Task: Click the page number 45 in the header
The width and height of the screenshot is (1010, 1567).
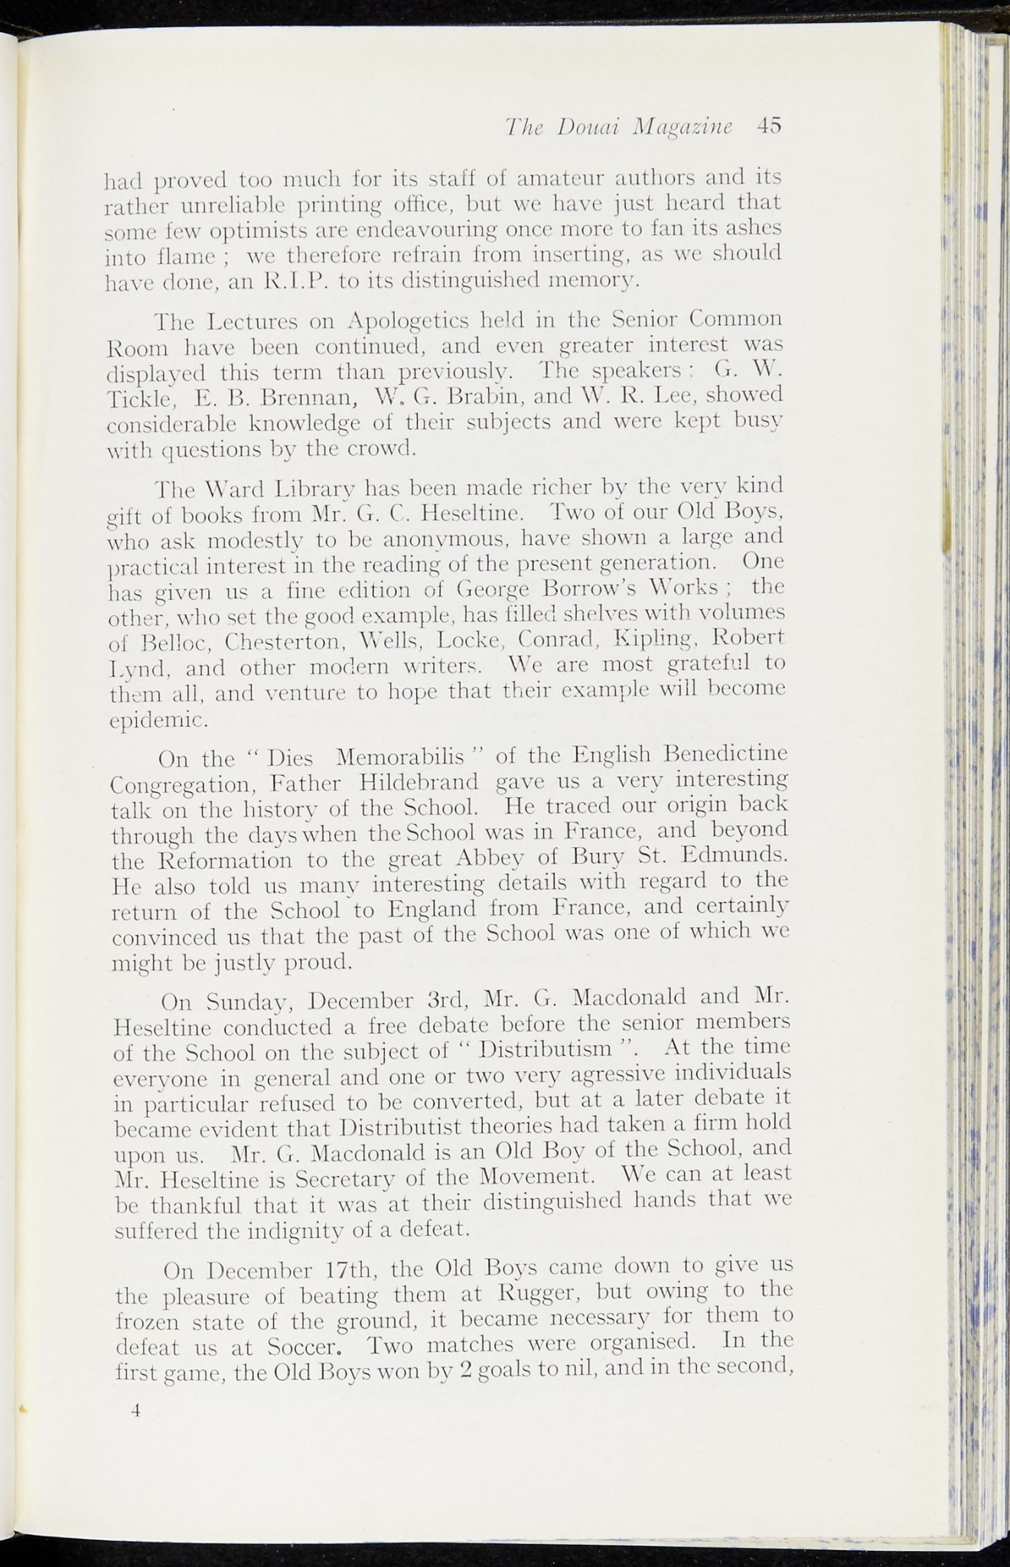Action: (768, 125)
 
